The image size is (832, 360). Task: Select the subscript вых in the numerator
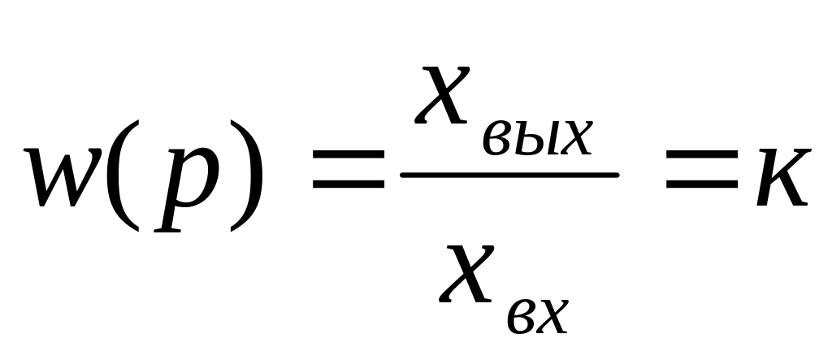pyautogui.click(x=537, y=139)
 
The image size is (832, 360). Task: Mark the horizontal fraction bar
pyautogui.click(x=510, y=175)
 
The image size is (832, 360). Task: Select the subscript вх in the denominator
pyautogui.click(x=539, y=318)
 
